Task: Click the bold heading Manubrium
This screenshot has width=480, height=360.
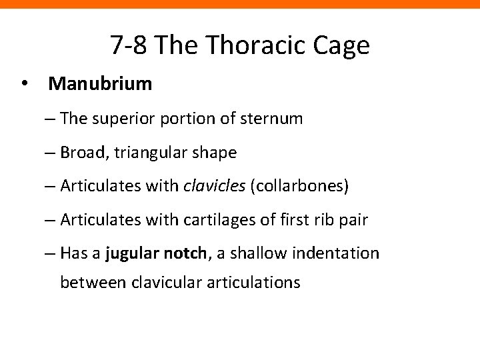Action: [101, 85]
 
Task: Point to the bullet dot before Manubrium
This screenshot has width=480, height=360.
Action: [25, 85]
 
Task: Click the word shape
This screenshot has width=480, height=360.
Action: [215, 153]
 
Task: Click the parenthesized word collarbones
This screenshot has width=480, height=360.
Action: [299, 186]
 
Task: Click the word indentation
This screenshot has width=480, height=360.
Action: [340, 253]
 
